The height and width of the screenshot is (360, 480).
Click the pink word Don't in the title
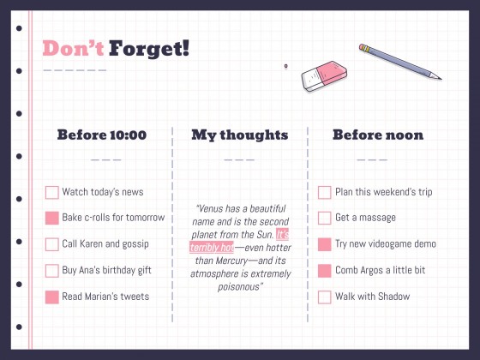click(x=73, y=48)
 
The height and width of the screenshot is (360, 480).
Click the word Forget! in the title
click(x=149, y=49)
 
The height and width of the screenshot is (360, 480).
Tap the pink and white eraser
click(x=324, y=76)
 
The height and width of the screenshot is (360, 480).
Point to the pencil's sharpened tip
click(x=441, y=79)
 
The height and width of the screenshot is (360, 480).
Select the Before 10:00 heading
click(x=102, y=135)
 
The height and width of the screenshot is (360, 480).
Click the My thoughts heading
click(x=240, y=135)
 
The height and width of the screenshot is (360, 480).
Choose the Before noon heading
click(x=378, y=135)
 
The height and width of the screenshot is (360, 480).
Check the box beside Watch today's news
click(x=52, y=193)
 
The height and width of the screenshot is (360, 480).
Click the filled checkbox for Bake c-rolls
click(x=52, y=219)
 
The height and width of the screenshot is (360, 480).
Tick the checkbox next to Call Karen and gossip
click(x=52, y=244)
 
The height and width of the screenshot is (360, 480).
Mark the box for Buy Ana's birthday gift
click(x=52, y=271)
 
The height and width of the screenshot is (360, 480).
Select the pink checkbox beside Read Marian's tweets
click(x=52, y=297)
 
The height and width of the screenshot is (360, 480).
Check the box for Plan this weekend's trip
click(x=325, y=193)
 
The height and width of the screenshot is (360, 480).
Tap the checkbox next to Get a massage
click(x=325, y=219)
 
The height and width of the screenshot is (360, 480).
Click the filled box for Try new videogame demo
click(x=325, y=244)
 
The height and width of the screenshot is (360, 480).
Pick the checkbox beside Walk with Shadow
click(x=325, y=297)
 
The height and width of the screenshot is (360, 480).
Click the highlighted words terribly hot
click(x=212, y=248)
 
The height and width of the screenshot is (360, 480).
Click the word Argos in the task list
click(x=371, y=270)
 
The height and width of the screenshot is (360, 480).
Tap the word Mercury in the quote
click(x=231, y=261)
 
